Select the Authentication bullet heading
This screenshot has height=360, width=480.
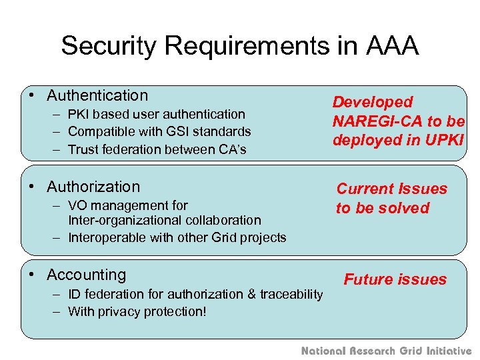point(97,96)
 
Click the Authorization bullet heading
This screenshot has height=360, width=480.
point(93,187)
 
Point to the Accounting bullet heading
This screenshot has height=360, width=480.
point(86,275)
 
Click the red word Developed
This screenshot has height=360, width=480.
point(373,103)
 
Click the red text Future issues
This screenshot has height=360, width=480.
point(395,279)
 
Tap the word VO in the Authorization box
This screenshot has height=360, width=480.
point(78,205)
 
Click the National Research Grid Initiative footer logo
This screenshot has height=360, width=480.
point(387,351)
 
